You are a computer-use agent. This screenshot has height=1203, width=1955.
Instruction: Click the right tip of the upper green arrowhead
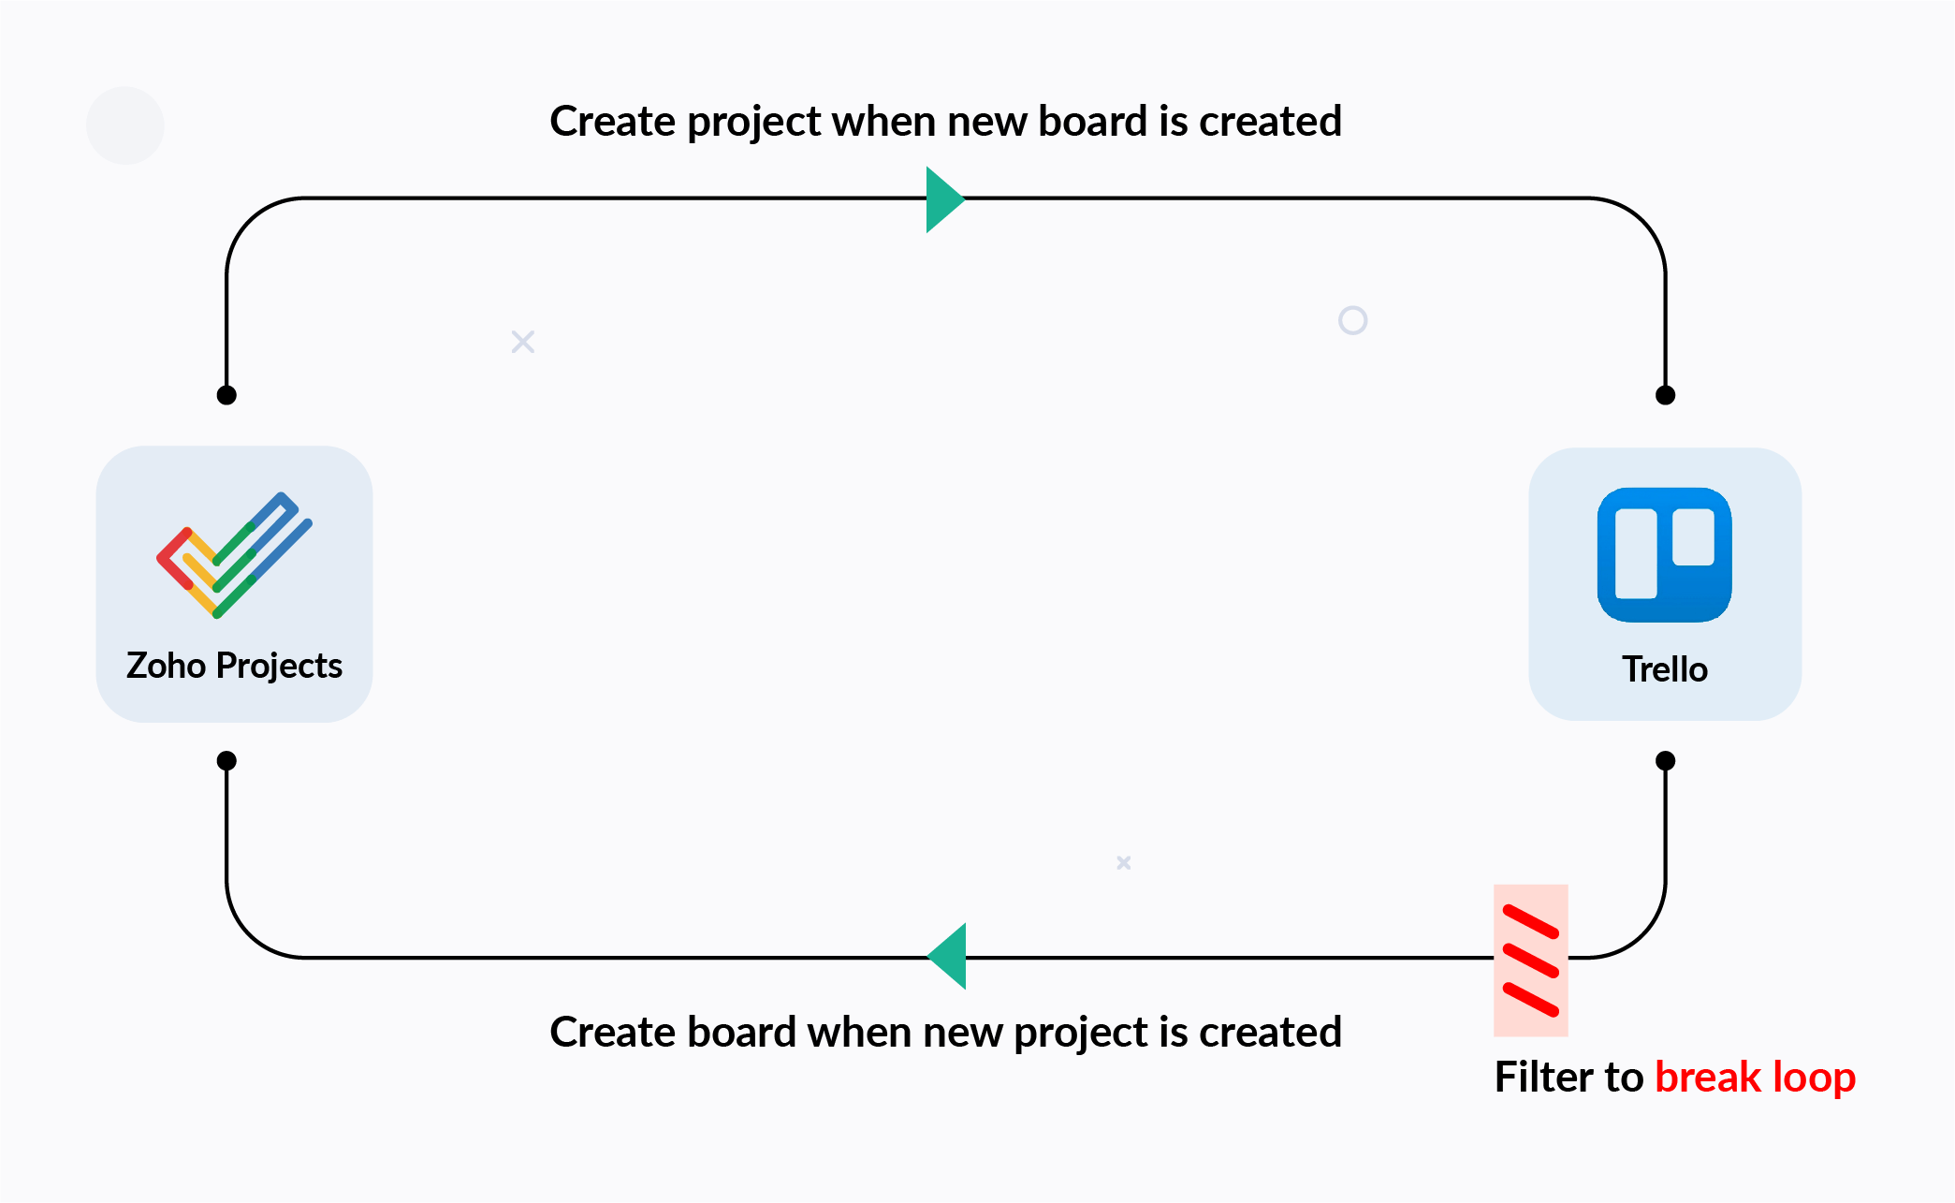965,198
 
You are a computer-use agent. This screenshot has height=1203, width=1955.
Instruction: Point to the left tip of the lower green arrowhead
927,957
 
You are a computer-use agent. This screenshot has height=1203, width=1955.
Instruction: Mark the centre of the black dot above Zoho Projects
226,395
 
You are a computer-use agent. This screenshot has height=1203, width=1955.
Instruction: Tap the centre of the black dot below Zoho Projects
226,761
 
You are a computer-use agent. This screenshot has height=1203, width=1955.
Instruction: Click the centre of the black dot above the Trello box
1666,395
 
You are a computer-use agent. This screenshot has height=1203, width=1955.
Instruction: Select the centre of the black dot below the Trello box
1666,761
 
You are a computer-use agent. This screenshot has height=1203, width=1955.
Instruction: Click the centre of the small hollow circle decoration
1353,321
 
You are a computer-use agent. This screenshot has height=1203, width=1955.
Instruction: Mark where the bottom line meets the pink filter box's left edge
1495,957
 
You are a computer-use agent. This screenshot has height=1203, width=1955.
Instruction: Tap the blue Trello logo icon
1665,555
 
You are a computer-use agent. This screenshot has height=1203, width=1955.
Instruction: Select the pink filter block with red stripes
1531,961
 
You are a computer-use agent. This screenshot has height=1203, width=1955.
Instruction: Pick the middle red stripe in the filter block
1531,961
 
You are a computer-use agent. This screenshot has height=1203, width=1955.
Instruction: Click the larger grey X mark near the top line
523,342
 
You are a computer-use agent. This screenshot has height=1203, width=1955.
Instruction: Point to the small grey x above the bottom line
1124,862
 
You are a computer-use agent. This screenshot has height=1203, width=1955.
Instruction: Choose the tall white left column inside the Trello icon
1636,553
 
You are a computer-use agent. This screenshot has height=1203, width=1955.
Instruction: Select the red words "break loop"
1756,1077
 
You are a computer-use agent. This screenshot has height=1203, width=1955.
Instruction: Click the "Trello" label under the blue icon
1665,669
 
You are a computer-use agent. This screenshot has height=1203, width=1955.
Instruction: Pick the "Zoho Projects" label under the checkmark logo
234,666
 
